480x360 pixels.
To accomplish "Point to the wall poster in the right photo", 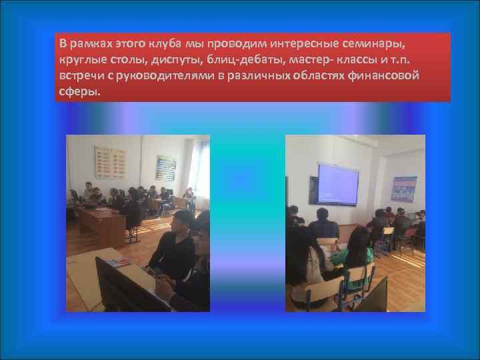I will (404, 189).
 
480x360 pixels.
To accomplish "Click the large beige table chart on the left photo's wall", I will (110, 162).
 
